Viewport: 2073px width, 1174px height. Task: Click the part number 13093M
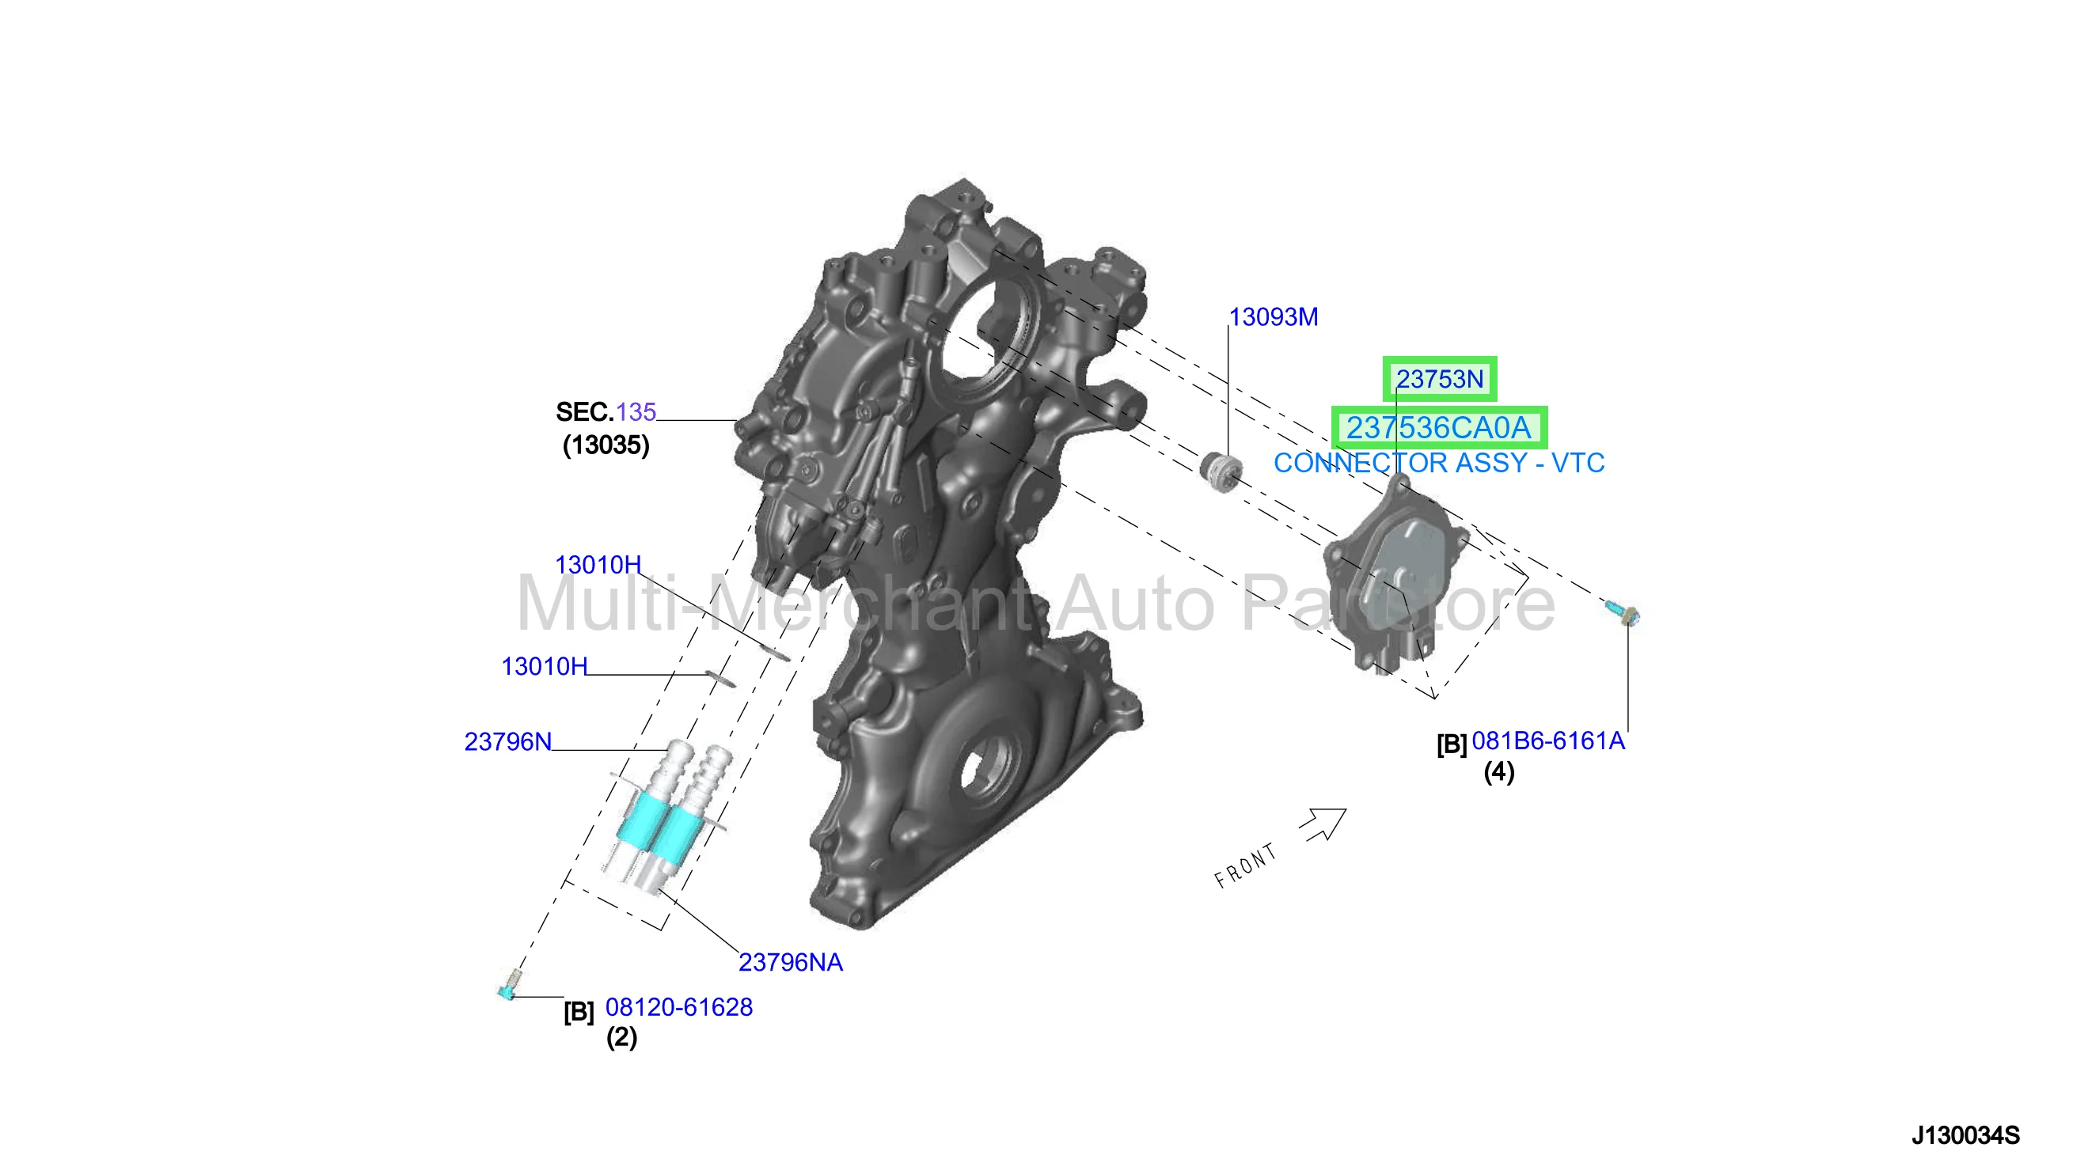tap(1273, 317)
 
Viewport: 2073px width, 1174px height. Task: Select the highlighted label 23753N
tap(1439, 379)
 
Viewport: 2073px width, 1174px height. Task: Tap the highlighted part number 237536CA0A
tap(1438, 427)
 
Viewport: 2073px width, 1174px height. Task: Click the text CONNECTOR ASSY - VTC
tap(1438, 463)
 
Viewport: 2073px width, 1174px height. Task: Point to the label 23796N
tap(507, 741)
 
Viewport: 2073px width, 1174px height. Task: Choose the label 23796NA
tap(790, 962)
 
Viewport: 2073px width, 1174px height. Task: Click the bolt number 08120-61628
tap(678, 1007)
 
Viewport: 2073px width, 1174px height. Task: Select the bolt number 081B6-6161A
tap(1548, 740)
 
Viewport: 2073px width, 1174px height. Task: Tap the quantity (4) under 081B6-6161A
tap(1498, 771)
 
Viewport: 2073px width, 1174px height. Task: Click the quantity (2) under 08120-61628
tap(621, 1037)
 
